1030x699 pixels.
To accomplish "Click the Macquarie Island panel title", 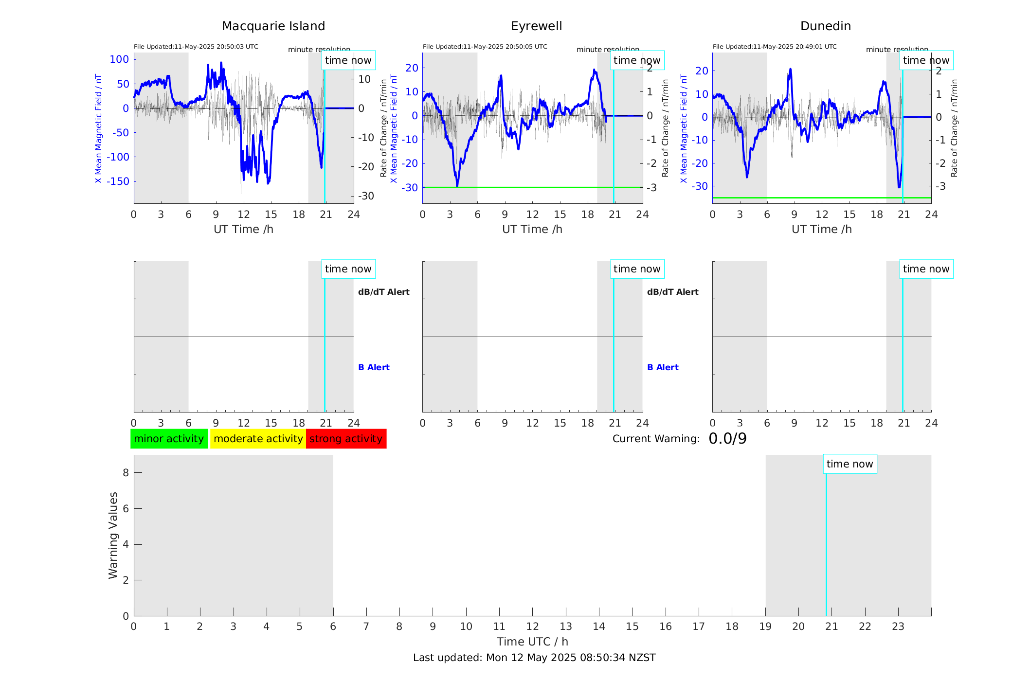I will coord(273,26).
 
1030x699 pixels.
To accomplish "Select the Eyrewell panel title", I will coord(536,26).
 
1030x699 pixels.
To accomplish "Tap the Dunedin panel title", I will coord(825,26).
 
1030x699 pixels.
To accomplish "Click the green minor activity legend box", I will coord(169,439).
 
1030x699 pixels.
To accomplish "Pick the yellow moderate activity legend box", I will coord(258,439).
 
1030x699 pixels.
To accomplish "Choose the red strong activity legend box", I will coord(346,439).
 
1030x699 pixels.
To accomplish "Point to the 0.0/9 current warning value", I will coord(727,439).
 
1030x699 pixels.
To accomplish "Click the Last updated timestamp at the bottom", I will coord(534,658).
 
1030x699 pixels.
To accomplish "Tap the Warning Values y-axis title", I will coord(113,535).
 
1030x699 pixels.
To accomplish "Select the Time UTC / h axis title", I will coord(532,642).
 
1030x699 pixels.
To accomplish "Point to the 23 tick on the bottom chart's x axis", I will coord(898,627).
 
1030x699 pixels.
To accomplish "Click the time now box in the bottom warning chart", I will coord(849,464).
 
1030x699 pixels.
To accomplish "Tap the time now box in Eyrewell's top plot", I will coord(637,60).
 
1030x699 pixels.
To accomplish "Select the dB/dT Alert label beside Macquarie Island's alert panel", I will coord(383,292).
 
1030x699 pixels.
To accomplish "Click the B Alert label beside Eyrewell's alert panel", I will coord(663,367).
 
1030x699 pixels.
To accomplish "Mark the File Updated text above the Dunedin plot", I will coord(775,47).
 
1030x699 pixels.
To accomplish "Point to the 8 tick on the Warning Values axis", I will coord(126,472).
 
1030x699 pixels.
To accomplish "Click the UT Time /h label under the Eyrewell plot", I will coord(532,229).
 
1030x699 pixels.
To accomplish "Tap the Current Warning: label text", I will coord(656,439).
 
